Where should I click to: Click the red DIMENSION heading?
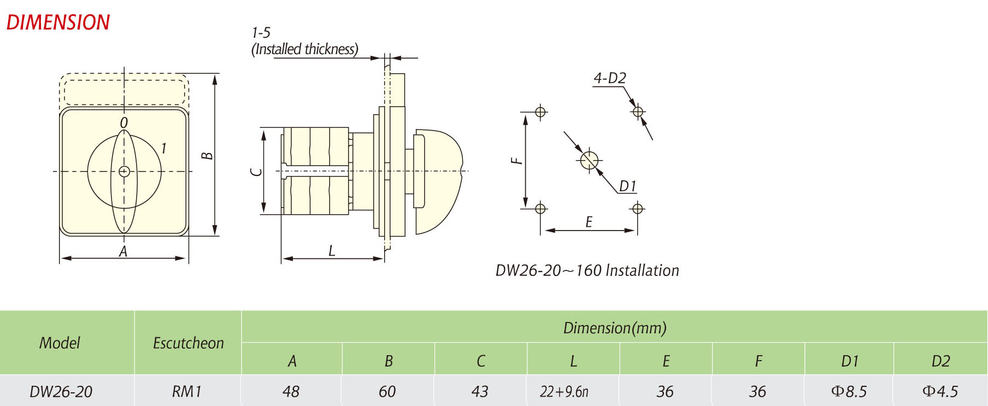pos(58,22)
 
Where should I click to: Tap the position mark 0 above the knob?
pos(124,123)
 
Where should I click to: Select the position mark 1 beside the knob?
pos(163,148)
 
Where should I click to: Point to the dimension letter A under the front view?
pos(123,251)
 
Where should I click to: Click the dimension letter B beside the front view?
pos(207,155)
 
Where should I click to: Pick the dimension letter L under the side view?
pos(332,251)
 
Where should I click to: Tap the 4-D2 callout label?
pos(610,78)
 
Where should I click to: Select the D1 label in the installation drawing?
pos(628,186)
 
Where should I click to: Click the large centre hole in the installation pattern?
pos(589,161)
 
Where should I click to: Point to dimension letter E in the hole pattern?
pos(589,222)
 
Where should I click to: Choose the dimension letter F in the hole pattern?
pos(516,161)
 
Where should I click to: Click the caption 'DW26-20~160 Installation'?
pos(587,270)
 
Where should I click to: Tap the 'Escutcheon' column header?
pos(188,343)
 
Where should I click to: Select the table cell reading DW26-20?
pos(61,391)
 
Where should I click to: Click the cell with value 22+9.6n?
pos(564,391)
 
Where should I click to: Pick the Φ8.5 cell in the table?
pos(849,391)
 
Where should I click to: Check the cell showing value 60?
pos(387,391)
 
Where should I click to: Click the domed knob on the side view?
pos(440,180)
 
